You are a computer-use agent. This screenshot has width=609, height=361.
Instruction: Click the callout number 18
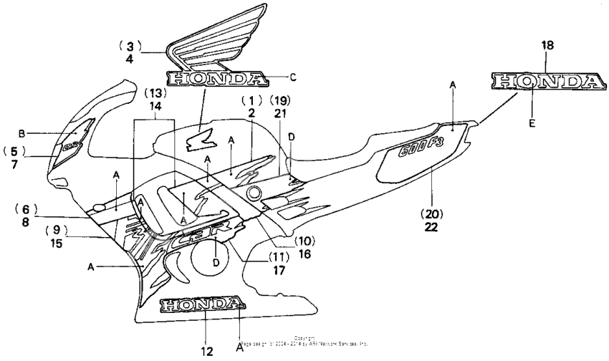[x=547, y=45]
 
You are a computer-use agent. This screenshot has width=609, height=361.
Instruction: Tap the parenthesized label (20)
[x=431, y=213]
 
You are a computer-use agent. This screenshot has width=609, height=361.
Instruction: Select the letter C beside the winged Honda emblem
[x=292, y=77]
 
